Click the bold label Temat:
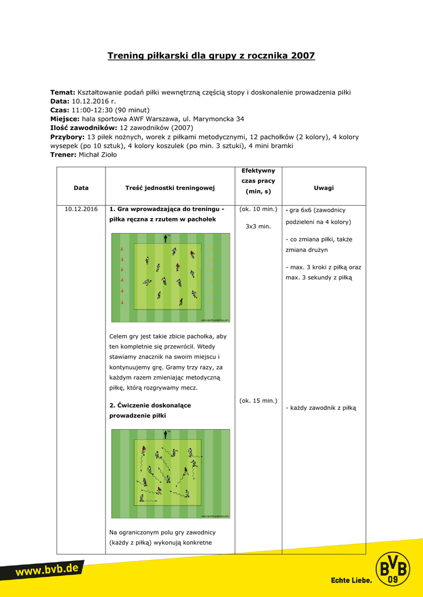point(62,92)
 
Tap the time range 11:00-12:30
point(91,110)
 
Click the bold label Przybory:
point(68,137)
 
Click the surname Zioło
point(107,154)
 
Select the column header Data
point(81,188)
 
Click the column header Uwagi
point(324,188)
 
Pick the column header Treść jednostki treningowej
point(170,188)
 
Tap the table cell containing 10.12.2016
point(81,209)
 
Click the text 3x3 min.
point(258,226)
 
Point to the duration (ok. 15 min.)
point(258,401)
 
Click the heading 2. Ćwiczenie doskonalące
point(150,405)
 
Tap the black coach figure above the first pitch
point(166,238)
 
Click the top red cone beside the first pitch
point(122,250)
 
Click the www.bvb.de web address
point(47,571)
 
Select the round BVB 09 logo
point(393,568)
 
